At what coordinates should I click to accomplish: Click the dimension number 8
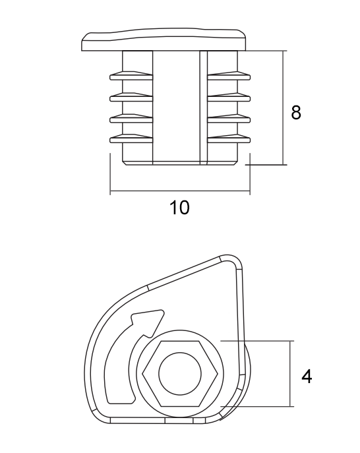coord(296,112)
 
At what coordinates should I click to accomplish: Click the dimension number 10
coord(179,207)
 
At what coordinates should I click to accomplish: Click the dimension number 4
coord(307,377)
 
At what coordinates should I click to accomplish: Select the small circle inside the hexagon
coord(180,374)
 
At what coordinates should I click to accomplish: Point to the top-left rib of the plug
coord(131,76)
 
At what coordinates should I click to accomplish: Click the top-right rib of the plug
coord(229,75)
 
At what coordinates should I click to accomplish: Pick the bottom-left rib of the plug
coord(131,138)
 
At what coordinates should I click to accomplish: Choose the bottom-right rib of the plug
coord(229,138)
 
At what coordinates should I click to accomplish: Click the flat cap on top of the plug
coord(164,40)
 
